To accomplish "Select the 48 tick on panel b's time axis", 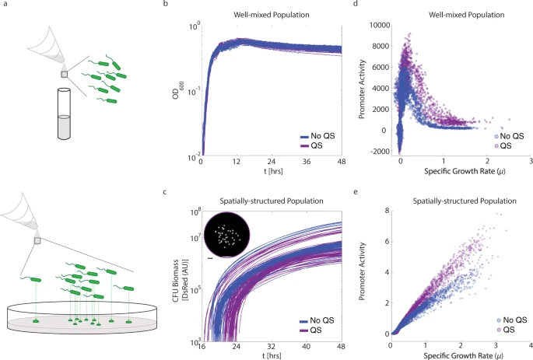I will tap(341, 163).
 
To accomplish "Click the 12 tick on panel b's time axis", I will tap(236, 163).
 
